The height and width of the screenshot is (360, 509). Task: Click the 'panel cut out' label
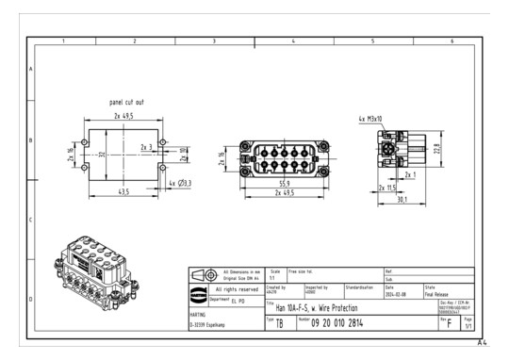coord(125,101)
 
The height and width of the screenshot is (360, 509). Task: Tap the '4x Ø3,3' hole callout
coord(178,183)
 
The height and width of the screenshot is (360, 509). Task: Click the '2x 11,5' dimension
coord(387,188)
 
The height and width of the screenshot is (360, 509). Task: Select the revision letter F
coord(449,323)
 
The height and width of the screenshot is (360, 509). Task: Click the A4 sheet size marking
coord(483,343)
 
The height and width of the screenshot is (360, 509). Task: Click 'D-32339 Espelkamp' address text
coord(212,325)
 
